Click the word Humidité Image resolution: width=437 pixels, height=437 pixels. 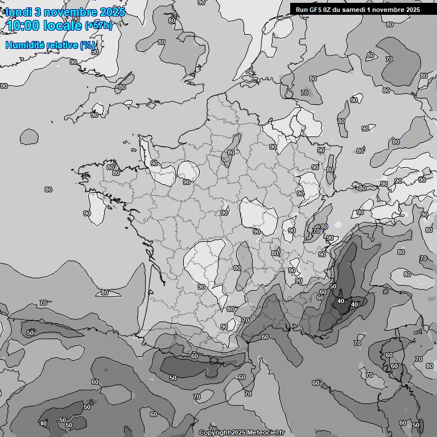coord(24,45)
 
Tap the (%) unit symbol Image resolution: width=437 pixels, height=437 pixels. coord(88,45)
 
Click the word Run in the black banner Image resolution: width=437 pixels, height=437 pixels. coord(302,10)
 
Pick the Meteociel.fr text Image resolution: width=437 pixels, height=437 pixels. coord(265,432)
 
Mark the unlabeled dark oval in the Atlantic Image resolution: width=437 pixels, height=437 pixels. coord(28,136)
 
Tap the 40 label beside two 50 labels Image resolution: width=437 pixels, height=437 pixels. coord(43,423)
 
